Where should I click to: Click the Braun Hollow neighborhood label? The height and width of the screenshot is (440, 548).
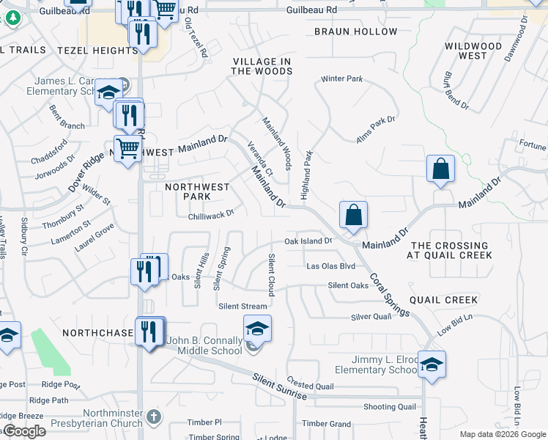tap(355, 32)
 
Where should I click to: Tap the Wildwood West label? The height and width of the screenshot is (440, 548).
tap(474, 51)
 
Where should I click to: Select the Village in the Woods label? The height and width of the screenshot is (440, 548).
tap(262, 66)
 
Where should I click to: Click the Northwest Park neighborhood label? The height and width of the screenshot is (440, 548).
tap(197, 191)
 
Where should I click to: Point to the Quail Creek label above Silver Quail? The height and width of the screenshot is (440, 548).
tap(443, 300)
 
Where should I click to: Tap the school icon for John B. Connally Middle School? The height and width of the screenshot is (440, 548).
tap(257, 328)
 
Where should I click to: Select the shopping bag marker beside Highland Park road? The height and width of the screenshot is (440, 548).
tap(353, 216)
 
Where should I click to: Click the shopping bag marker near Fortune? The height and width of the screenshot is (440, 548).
tap(441, 168)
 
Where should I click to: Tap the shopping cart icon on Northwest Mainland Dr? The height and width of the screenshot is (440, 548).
tap(128, 149)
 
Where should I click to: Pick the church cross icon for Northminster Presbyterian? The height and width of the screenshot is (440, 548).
tap(153, 417)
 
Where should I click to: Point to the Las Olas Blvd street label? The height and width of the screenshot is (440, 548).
tap(330, 266)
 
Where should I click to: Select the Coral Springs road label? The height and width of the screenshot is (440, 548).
tap(389, 295)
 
